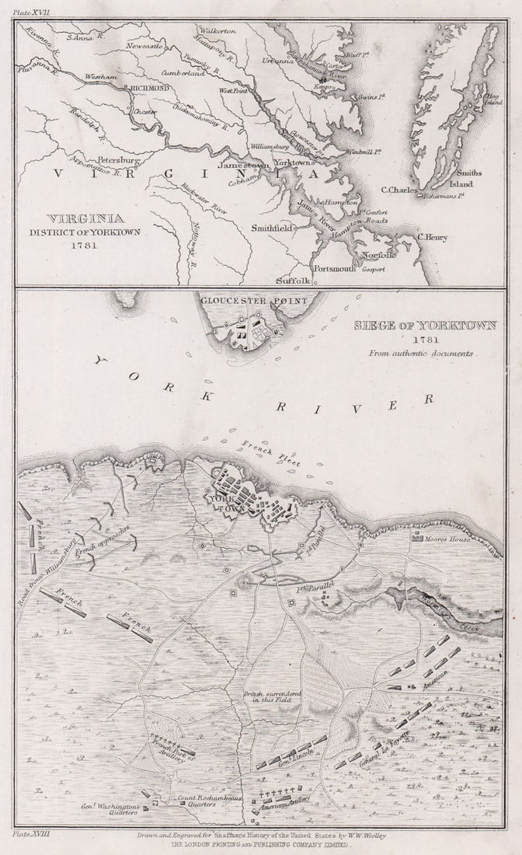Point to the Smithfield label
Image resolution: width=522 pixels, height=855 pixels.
[x=271, y=229]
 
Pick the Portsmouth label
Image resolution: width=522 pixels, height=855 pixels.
[x=334, y=268]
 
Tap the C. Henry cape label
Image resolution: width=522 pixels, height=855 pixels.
[x=432, y=237]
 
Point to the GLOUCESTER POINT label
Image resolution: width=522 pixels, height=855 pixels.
[x=250, y=299]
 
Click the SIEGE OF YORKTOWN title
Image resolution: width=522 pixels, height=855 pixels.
[x=425, y=325]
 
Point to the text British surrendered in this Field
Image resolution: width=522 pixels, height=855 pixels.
[x=265, y=696]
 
